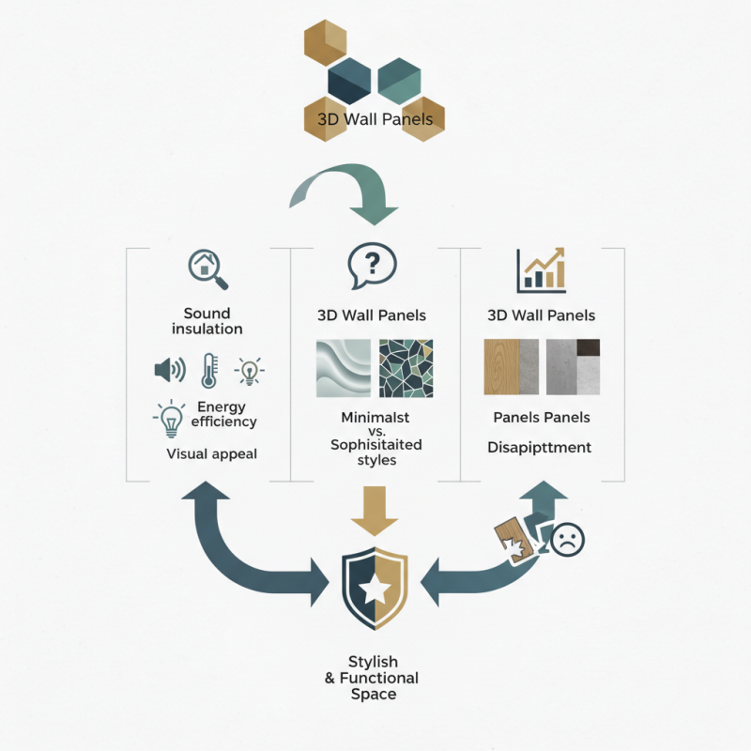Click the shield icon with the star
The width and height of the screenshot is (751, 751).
click(x=375, y=589)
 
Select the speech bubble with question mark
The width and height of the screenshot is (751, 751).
click(x=370, y=267)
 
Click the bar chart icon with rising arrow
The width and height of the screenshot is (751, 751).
click(x=541, y=269)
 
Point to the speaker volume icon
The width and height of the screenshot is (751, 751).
click(x=169, y=370)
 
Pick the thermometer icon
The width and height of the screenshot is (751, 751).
click(x=207, y=371)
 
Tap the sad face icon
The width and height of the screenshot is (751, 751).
click(x=567, y=541)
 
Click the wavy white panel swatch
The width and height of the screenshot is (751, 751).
click(x=343, y=367)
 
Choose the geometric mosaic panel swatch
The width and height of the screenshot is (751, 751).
click(x=406, y=367)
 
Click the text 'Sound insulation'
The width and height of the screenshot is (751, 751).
click(x=207, y=321)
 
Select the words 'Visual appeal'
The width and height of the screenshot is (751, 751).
click(x=211, y=453)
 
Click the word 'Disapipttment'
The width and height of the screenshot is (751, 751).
click(x=540, y=448)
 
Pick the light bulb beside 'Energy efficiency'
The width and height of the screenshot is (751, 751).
click(x=171, y=419)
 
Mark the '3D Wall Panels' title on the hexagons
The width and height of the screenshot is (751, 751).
click(x=375, y=120)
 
